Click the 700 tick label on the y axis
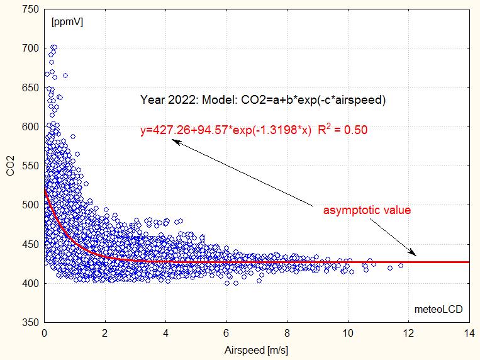point(31,48)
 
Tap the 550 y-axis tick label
point(31,166)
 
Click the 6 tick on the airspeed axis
point(226,323)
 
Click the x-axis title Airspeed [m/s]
point(256,348)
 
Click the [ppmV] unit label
point(67,22)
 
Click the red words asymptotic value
point(367,210)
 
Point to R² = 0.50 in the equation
point(342,130)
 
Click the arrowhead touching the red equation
point(176,142)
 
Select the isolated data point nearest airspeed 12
point(401,266)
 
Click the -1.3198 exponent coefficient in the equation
point(269,131)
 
